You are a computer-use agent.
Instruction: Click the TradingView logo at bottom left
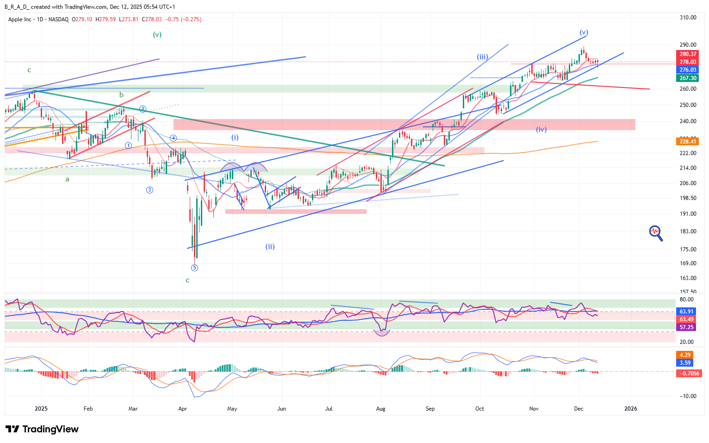(x=42, y=429)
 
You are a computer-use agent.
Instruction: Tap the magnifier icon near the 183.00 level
(x=656, y=233)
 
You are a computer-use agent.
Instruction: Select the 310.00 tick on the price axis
(x=688, y=18)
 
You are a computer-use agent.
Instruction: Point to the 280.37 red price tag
(x=688, y=54)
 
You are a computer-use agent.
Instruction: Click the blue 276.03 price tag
(x=688, y=70)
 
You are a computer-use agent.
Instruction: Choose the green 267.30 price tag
(x=688, y=78)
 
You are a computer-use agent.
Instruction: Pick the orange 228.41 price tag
(x=688, y=142)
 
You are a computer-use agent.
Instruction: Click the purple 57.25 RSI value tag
(x=686, y=327)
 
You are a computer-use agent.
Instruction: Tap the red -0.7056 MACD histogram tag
(x=689, y=373)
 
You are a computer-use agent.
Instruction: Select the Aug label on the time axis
(x=380, y=409)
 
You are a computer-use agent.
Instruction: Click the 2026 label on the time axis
(x=630, y=409)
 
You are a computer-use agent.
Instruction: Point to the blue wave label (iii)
(x=482, y=57)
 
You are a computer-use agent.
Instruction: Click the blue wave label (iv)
(x=541, y=130)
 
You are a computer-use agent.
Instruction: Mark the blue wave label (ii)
(x=270, y=246)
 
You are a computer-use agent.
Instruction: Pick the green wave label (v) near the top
(x=157, y=34)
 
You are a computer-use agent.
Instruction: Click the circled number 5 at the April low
(x=194, y=268)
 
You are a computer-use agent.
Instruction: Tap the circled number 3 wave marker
(x=149, y=190)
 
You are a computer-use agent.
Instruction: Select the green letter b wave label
(x=121, y=95)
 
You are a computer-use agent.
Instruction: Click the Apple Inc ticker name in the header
(x=20, y=19)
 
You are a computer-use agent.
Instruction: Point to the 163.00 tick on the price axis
(x=688, y=278)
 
